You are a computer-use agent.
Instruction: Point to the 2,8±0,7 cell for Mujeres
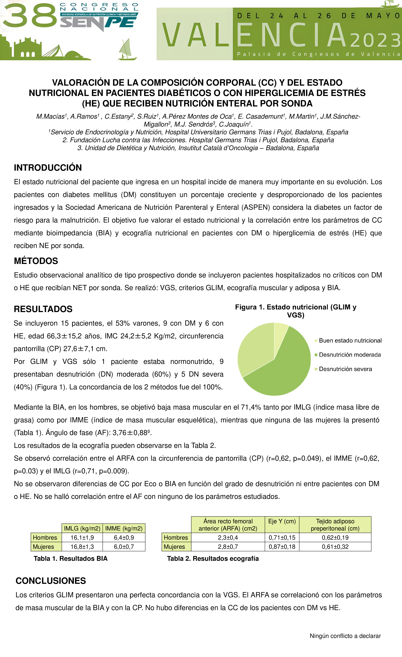point(228,547)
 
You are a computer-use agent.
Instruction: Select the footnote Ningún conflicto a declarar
point(345,636)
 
